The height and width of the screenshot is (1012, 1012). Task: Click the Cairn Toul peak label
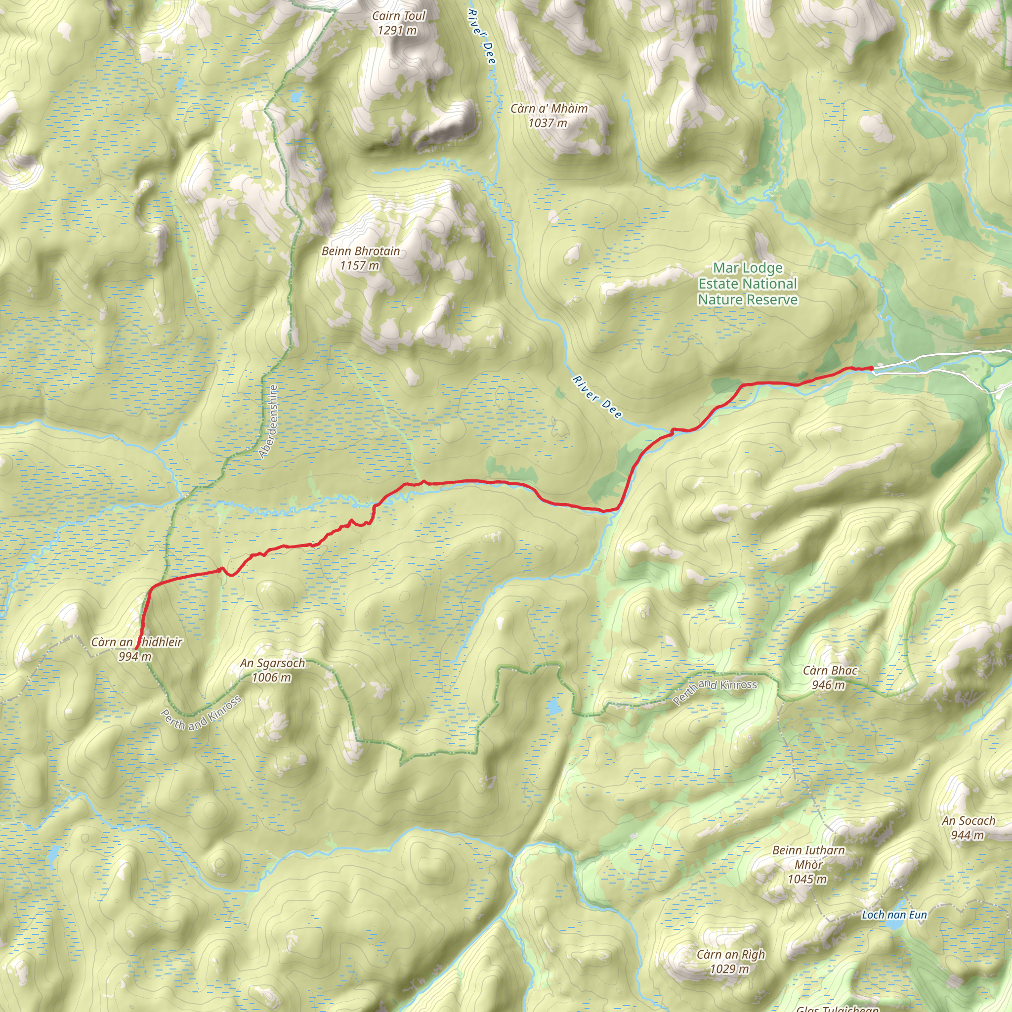(399, 16)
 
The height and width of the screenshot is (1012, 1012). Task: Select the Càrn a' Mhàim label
(549, 108)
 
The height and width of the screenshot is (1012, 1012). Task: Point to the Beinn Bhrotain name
(360, 252)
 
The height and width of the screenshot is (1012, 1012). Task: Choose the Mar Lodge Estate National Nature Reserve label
(748, 284)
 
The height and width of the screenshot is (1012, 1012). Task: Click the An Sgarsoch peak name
(272, 663)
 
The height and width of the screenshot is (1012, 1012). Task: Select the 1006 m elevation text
(271, 678)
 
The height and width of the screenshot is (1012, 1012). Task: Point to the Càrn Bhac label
(830, 671)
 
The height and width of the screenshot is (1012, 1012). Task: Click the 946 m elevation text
(828, 685)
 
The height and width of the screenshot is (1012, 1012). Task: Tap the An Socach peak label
(969, 821)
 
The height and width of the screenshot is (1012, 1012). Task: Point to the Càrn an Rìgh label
(731, 954)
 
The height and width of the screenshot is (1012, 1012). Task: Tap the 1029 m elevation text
(729, 969)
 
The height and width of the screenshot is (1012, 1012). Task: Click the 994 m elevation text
(134, 657)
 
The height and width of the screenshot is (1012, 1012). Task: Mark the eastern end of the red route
(872, 368)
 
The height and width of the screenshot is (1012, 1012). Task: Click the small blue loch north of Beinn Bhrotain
(296, 96)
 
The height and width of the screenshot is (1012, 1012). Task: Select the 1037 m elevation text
(548, 123)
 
